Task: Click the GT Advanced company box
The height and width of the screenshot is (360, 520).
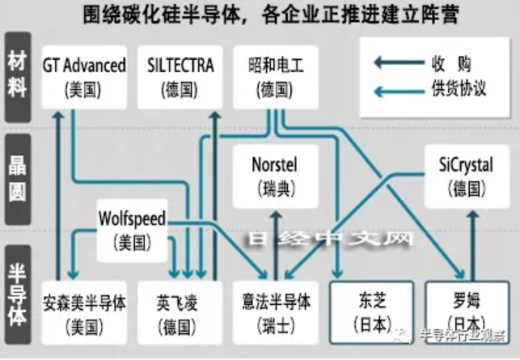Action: tap(84, 77)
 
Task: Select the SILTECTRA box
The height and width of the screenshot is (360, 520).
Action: tap(182, 77)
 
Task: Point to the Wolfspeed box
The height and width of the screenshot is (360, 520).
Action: tap(131, 230)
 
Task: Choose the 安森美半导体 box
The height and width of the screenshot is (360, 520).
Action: tap(85, 313)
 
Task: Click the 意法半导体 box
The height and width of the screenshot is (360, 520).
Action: tap(276, 313)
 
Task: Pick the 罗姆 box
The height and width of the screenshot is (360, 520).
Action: tap(463, 313)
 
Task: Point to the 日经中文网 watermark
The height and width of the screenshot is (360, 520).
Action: tap(329, 239)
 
